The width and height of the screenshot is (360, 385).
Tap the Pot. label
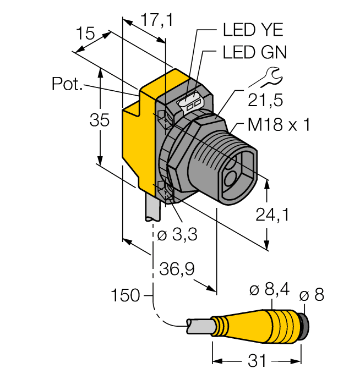coord(67,84)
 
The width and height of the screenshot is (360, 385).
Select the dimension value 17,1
coord(157,20)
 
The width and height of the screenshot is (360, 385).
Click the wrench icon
coord(265,77)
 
